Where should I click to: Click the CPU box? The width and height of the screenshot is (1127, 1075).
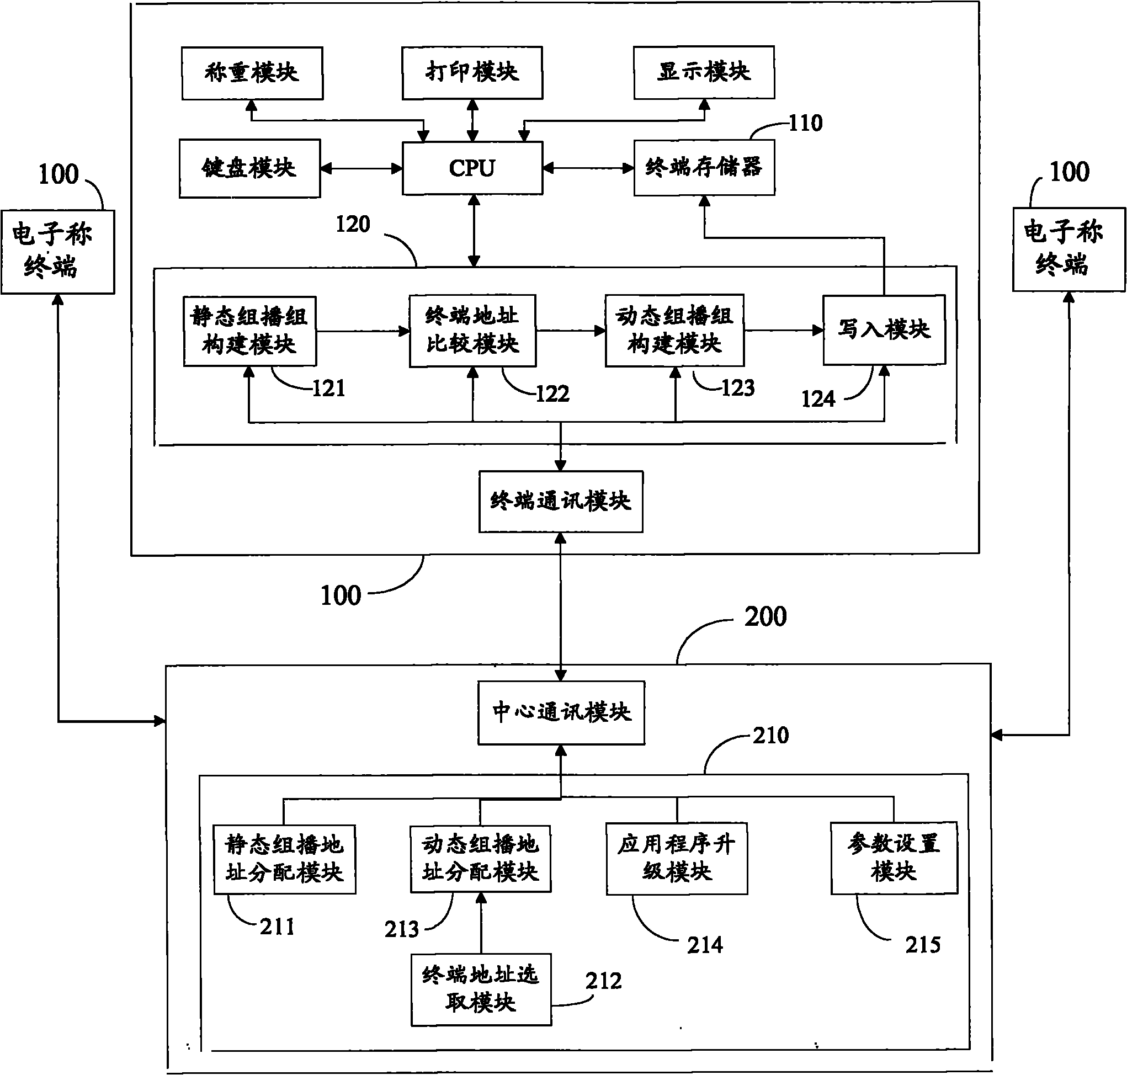pos(472,168)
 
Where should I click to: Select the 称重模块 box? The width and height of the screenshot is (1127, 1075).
pos(252,73)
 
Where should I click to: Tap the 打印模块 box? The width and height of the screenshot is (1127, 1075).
pos(472,73)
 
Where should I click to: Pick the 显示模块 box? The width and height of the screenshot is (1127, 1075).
pos(704,72)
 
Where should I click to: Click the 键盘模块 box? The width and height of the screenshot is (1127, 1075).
pos(250,168)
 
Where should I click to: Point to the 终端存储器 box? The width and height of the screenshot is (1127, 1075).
pos(704,167)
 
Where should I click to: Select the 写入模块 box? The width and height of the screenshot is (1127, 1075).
pos(884,330)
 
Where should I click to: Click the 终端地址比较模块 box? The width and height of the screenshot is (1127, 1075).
pos(472,331)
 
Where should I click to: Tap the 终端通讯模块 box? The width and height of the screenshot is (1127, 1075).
pos(560,502)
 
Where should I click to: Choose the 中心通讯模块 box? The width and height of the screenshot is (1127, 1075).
pos(561,712)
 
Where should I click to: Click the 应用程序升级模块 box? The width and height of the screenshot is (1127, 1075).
pos(677,858)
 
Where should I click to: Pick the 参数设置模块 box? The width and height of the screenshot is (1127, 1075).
pos(894,858)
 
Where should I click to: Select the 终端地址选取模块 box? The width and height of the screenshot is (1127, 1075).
pos(481,989)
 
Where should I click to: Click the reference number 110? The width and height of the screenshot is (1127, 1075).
pos(806,123)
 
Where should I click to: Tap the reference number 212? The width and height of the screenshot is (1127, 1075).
pos(603,981)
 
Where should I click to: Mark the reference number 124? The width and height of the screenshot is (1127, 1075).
pos(818,399)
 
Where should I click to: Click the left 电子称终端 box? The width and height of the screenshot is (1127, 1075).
pos(58,252)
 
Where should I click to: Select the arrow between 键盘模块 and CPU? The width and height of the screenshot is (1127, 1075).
pos(362,168)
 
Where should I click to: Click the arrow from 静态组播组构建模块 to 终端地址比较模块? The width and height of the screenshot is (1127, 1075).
pos(363,331)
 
